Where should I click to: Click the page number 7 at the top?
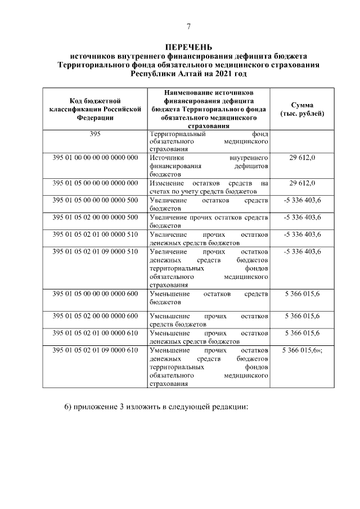[189, 27]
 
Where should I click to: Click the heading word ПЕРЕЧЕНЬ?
[189, 47]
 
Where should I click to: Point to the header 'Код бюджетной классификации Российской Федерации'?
[95, 109]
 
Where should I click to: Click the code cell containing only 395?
[95, 134]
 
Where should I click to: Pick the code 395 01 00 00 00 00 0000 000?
[95, 158]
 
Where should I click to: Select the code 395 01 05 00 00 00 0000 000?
[95, 183]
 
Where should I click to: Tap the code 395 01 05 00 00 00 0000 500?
[95, 200]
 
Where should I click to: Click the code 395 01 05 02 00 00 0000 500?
[95, 217]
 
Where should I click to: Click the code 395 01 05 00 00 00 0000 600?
[95, 294]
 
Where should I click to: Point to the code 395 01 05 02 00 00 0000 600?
[95, 316]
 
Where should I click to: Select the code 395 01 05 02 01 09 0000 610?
[95, 350]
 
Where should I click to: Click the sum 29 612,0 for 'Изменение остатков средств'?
[302, 183]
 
